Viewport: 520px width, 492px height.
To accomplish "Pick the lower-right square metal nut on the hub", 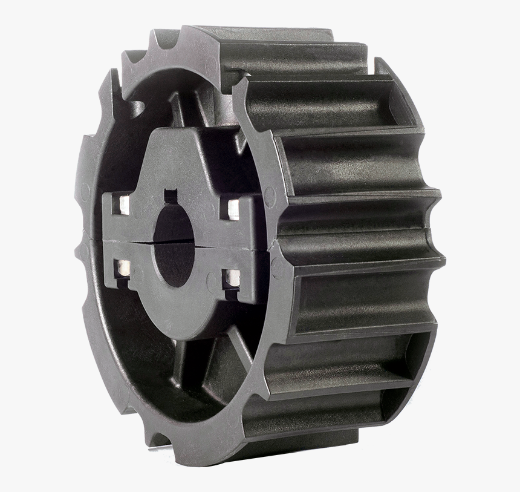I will pyautogui.click(x=232, y=278).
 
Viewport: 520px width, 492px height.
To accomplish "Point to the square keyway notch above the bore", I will pyautogui.click(x=171, y=196).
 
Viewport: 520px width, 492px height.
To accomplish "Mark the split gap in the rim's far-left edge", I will pyautogui.click(x=80, y=236).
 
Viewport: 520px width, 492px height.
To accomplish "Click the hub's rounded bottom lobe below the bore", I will pyautogui.click(x=175, y=315).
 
